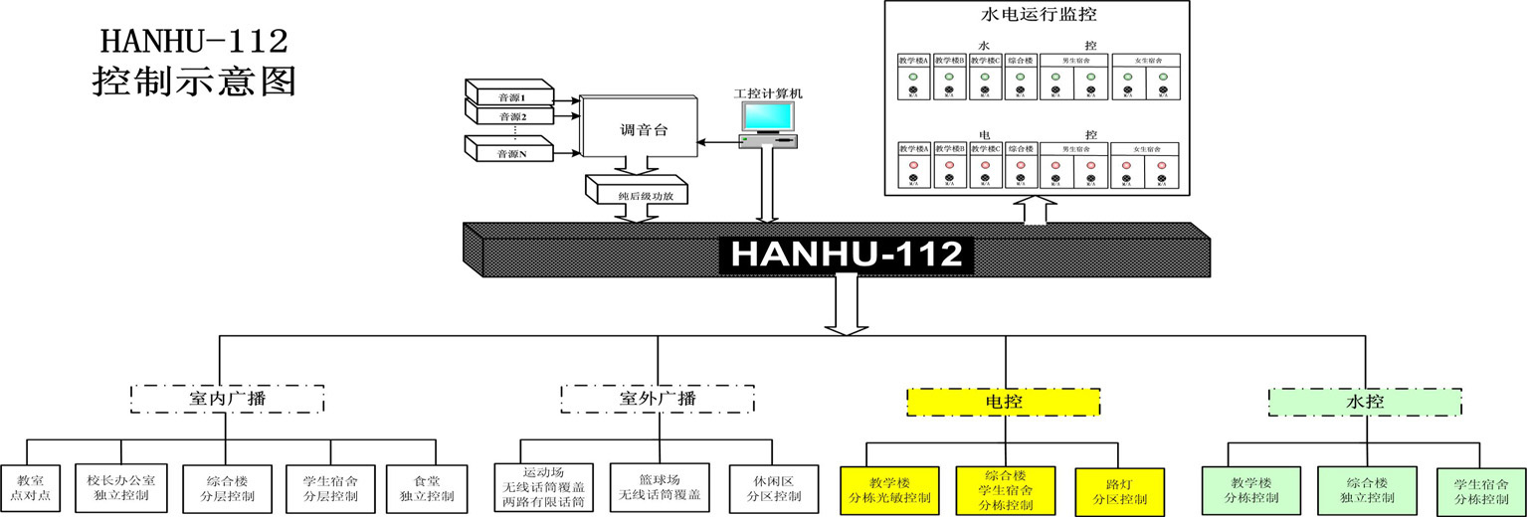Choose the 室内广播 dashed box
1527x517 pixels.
pyautogui.click(x=228, y=400)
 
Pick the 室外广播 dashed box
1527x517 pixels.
pyautogui.click(x=658, y=400)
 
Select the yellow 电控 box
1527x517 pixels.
pyautogui.click(x=1003, y=402)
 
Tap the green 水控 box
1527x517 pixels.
pyautogui.click(x=1365, y=402)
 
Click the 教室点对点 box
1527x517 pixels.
pyautogui.click(x=31, y=487)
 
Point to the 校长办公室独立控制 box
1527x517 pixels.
pyautogui.click(x=121, y=487)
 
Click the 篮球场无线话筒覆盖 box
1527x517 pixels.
pyautogui.click(x=660, y=487)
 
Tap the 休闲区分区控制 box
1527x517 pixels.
pyautogui.click(x=766, y=487)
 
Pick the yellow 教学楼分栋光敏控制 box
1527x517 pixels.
pyautogui.click(x=890, y=490)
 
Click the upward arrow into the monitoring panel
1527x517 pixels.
pyautogui.click(x=1036, y=211)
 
